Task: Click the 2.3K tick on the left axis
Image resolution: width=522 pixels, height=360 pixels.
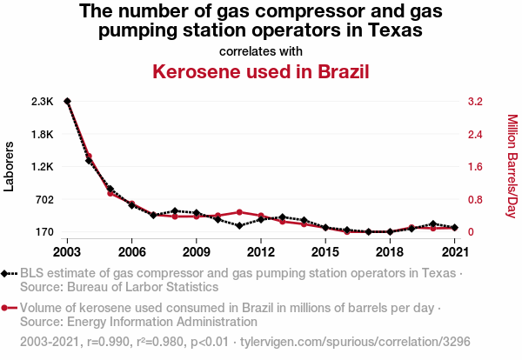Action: tap(42, 102)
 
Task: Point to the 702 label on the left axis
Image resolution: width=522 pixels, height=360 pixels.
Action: tap(43, 199)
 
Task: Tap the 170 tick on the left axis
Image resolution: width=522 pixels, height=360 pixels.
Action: tap(43, 232)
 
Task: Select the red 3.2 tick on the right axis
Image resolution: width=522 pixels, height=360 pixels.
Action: tap(474, 102)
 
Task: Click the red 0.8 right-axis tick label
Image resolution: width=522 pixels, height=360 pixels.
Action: tap(474, 199)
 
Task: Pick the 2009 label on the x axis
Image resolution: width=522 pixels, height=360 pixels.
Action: tap(196, 252)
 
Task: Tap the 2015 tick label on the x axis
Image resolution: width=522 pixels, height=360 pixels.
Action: tap(325, 252)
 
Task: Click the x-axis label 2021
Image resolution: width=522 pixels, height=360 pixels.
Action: tap(453, 252)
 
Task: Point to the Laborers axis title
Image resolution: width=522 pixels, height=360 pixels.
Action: tap(10, 167)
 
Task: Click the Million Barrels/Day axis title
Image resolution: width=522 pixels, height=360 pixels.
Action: tap(512, 166)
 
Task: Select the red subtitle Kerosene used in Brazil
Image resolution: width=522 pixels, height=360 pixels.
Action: tap(261, 70)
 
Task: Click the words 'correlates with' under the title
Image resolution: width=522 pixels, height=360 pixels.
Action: tap(261, 50)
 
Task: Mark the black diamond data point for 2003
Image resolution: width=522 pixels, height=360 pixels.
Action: tap(67, 102)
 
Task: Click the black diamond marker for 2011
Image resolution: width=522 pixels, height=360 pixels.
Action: tap(239, 225)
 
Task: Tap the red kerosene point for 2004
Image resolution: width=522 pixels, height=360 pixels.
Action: tap(89, 157)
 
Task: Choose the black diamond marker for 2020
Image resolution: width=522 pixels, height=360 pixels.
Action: tap(432, 224)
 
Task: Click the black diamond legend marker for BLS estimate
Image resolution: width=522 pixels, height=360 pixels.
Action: tap(7, 274)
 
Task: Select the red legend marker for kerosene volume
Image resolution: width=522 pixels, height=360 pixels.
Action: tap(7, 308)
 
